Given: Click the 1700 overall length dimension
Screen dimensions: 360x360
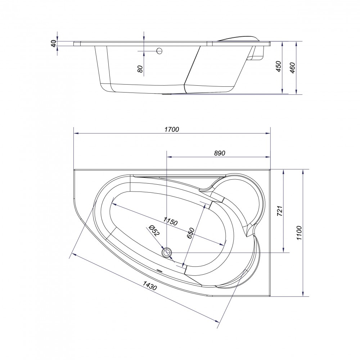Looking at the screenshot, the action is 172,130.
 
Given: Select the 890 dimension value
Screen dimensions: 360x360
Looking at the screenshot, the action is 220,153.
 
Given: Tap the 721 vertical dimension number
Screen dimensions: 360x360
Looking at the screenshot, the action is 280,211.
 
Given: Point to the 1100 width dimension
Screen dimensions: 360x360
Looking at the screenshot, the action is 299,233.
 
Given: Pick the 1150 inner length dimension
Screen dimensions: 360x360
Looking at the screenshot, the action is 170,221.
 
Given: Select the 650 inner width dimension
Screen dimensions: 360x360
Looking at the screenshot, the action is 191,233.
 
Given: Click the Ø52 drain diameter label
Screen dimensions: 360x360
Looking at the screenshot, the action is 154,230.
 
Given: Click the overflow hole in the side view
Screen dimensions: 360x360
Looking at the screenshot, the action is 159,51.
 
